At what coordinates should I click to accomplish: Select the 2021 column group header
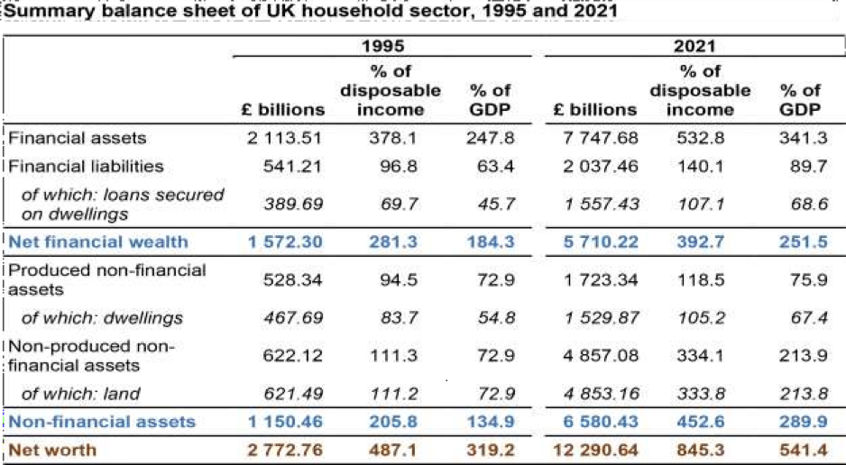(x=693, y=46)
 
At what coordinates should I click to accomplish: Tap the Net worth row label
(x=52, y=449)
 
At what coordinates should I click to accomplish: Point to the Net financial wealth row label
(x=98, y=241)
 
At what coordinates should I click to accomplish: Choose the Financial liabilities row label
(x=87, y=166)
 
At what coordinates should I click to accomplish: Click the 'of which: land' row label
(x=81, y=394)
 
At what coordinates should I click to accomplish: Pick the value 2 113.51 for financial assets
(x=285, y=138)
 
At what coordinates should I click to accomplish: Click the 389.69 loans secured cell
(x=294, y=204)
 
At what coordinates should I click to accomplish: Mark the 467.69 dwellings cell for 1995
(x=294, y=317)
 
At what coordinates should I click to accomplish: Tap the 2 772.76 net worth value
(x=283, y=449)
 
